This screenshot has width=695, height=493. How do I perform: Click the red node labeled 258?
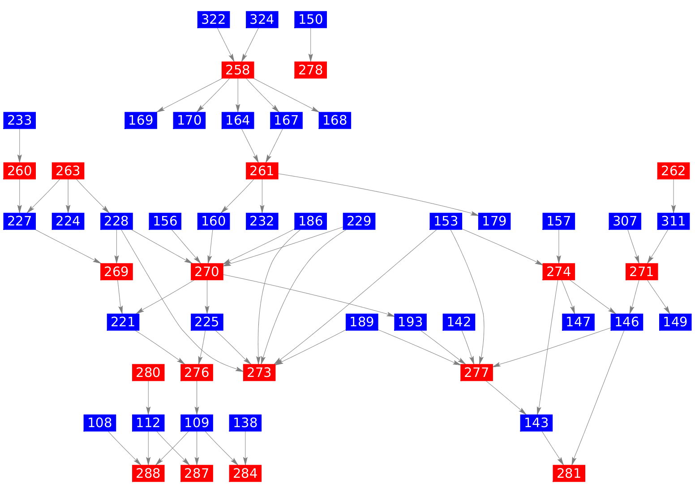coord(238,70)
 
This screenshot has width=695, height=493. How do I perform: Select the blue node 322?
coord(214,20)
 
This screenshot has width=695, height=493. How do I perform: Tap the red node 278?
coord(310,70)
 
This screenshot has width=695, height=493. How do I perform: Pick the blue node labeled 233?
coord(20,120)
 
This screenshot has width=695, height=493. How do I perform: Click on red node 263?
coord(68,171)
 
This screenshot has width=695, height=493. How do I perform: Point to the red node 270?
coord(207,272)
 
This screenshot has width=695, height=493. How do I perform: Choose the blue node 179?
coord(494,221)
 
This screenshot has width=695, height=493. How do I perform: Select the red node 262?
coord(674,171)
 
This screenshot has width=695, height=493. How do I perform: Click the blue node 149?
coord(675,322)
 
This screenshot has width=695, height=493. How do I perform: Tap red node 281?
coord(569,473)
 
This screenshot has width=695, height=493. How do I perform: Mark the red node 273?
coord(259,372)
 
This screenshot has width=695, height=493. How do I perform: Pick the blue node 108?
coord(100,423)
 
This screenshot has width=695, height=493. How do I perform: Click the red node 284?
coord(245,473)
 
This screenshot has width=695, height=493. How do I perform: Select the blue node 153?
coord(446,221)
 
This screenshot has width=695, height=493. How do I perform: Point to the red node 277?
coord(476,372)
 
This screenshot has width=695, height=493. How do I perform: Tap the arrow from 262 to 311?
coord(674,196)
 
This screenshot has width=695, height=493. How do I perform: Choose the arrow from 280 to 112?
coord(148,398)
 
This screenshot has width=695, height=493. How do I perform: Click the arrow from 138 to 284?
coord(245,448)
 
